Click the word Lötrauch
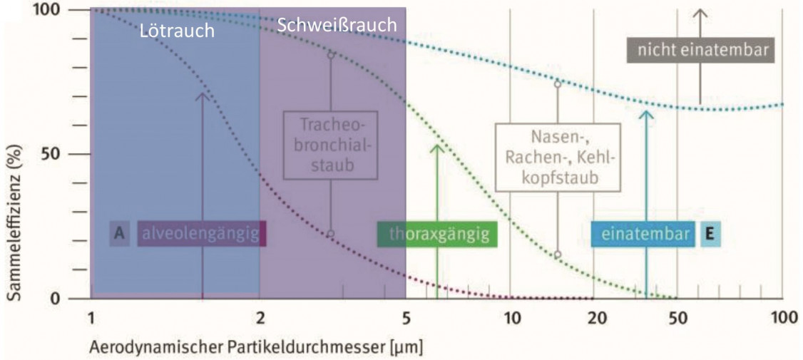[177, 31]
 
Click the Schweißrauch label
[337, 24]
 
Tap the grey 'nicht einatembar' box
[700, 50]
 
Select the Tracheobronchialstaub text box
[327, 145]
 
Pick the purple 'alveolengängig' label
[202, 234]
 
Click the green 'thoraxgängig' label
[437, 235]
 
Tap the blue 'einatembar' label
[643, 234]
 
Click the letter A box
[119, 234]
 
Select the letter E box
[710, 234]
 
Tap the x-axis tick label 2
[260, 319]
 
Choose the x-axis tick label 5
[406, 319]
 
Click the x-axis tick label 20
[593, 319]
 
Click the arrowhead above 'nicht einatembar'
[700, 14]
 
